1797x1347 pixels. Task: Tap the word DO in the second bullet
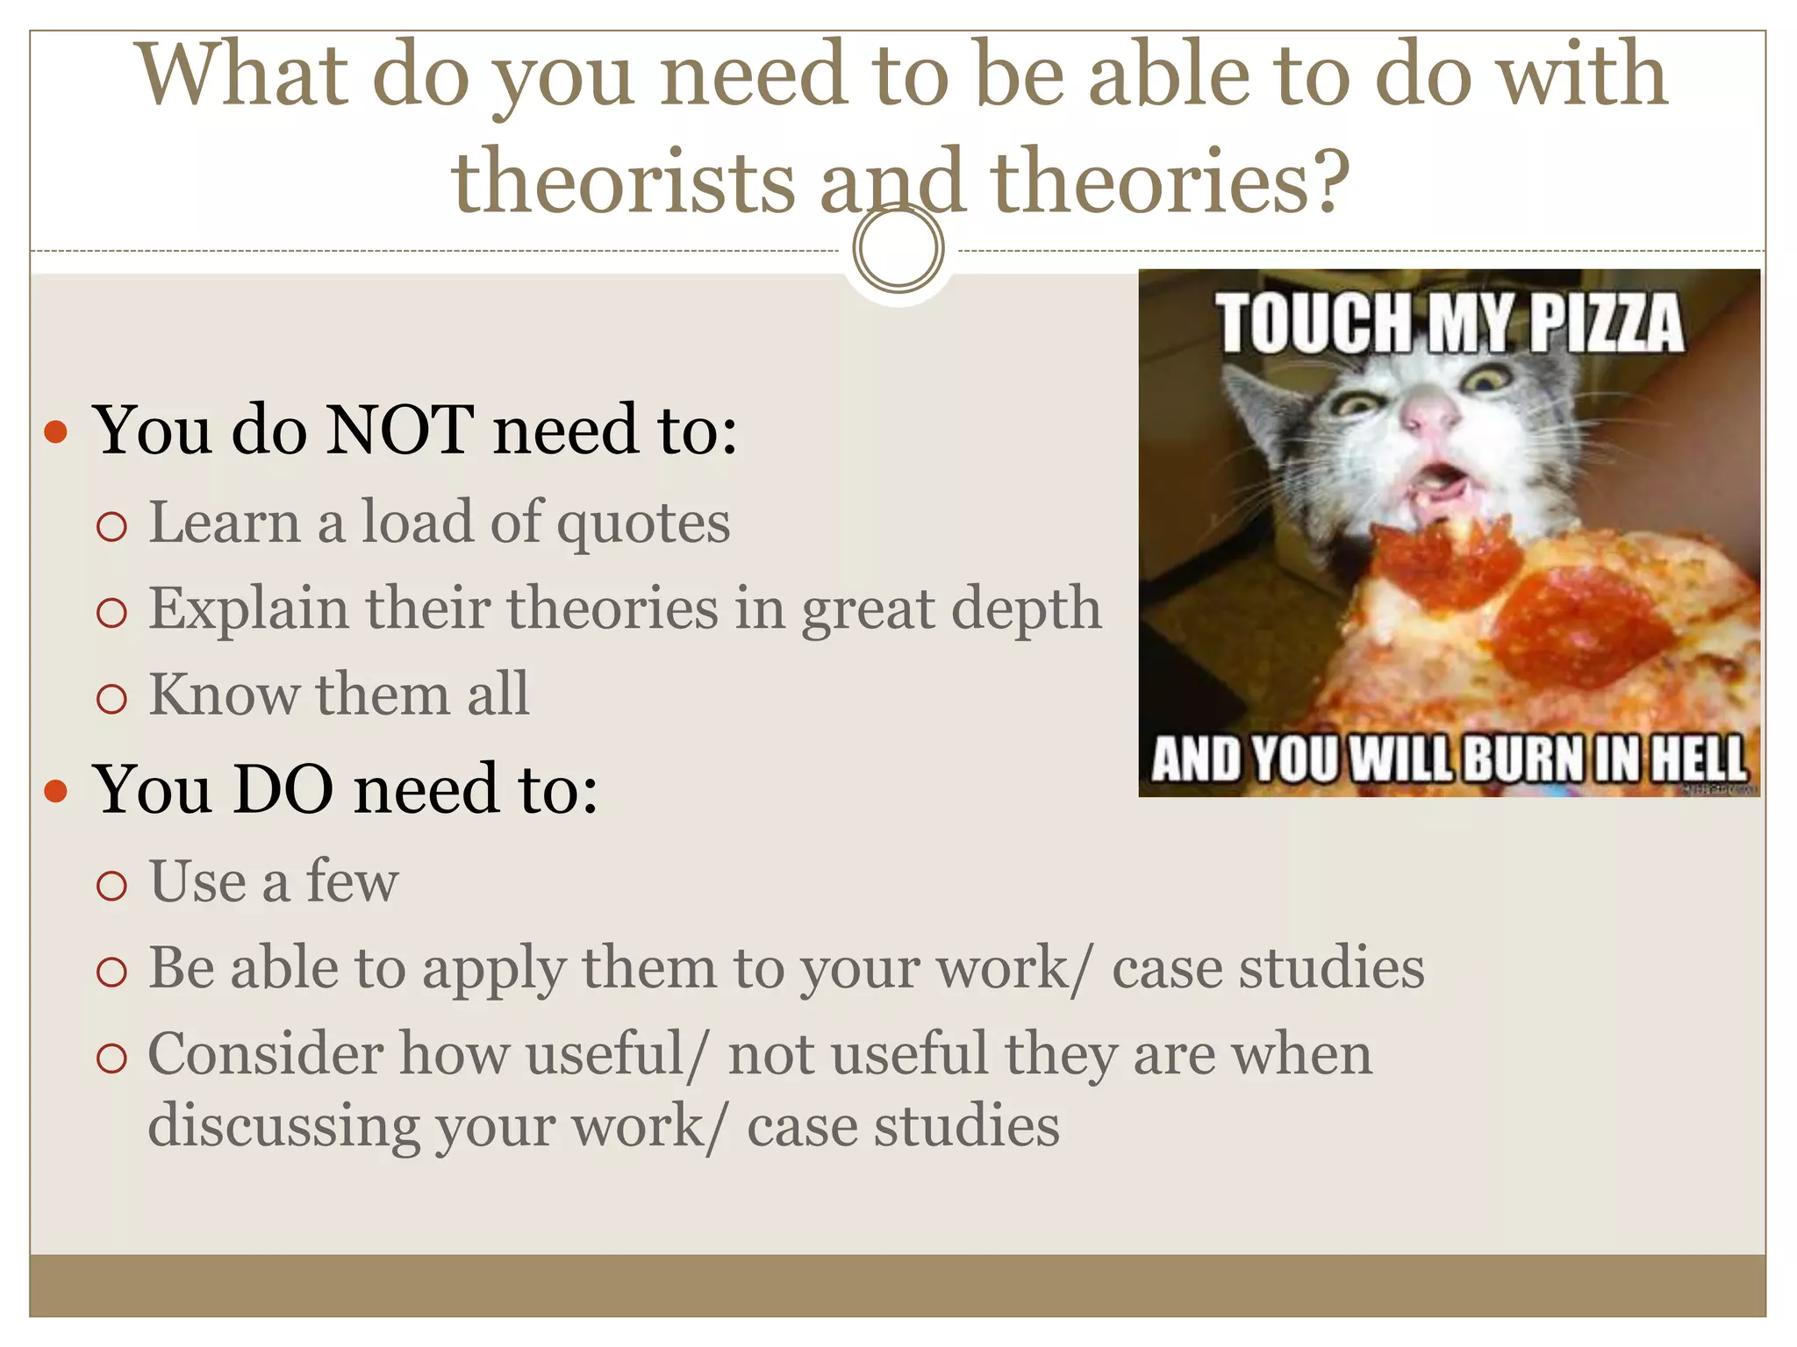coord(283,789)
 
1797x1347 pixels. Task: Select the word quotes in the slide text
coord(643,524)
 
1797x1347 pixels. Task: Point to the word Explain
coord(248,609)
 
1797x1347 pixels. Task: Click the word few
coord(352,881)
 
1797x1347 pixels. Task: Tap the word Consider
coord(265,1054)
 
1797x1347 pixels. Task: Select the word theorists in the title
coord(623,181)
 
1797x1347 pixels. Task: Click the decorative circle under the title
coord(898,248)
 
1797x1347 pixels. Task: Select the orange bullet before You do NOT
coord(56,431)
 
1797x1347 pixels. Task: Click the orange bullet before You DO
coord(56,790)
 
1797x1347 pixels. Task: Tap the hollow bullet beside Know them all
coord(112,699)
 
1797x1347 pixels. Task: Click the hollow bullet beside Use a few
coord(112,886)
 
